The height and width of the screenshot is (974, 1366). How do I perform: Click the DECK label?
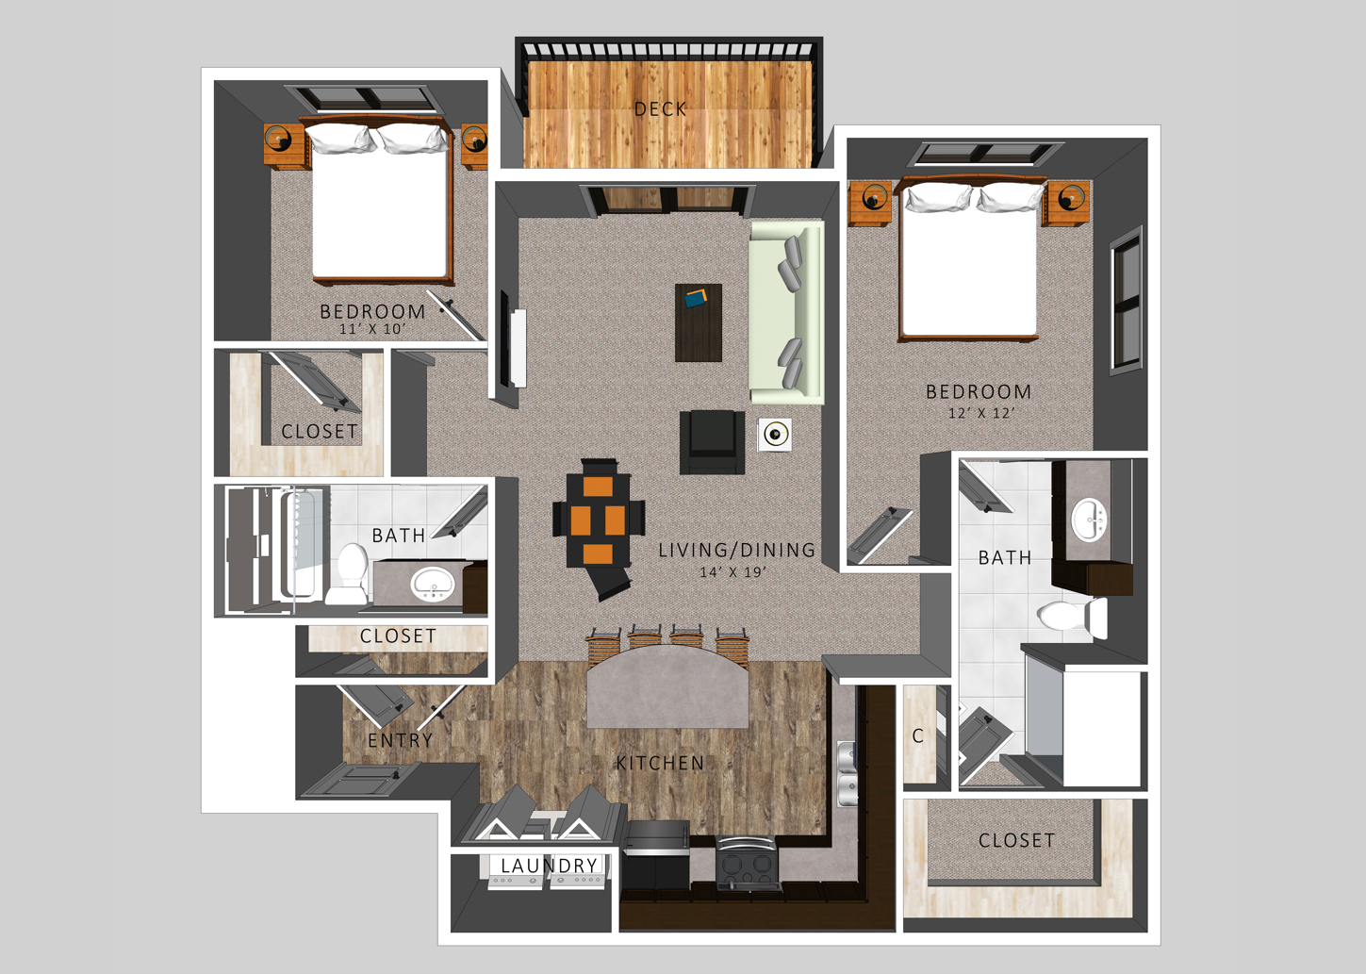pos(660,109)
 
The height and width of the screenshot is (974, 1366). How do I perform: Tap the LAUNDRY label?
pos(549,866)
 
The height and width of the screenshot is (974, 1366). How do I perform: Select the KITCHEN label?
pos(660,763)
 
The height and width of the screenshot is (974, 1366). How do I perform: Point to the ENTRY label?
pos(401,740)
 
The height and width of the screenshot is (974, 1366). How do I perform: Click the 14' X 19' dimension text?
pos(732,572)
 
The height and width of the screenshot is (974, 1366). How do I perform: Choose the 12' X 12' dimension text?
pos(981,413)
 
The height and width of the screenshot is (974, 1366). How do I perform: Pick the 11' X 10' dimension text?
pos(371,329)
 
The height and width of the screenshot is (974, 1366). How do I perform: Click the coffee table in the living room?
pos(699,322)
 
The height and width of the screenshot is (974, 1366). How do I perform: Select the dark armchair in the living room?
pos(711,441)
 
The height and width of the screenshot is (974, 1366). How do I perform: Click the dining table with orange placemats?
pos(598,520)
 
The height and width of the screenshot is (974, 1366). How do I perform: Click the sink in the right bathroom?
pos(1089,519)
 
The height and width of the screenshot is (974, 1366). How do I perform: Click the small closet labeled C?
pos(918,735)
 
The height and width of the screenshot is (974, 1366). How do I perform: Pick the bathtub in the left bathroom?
pos(300,545)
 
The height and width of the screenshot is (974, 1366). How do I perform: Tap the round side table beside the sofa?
pos(775,435)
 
